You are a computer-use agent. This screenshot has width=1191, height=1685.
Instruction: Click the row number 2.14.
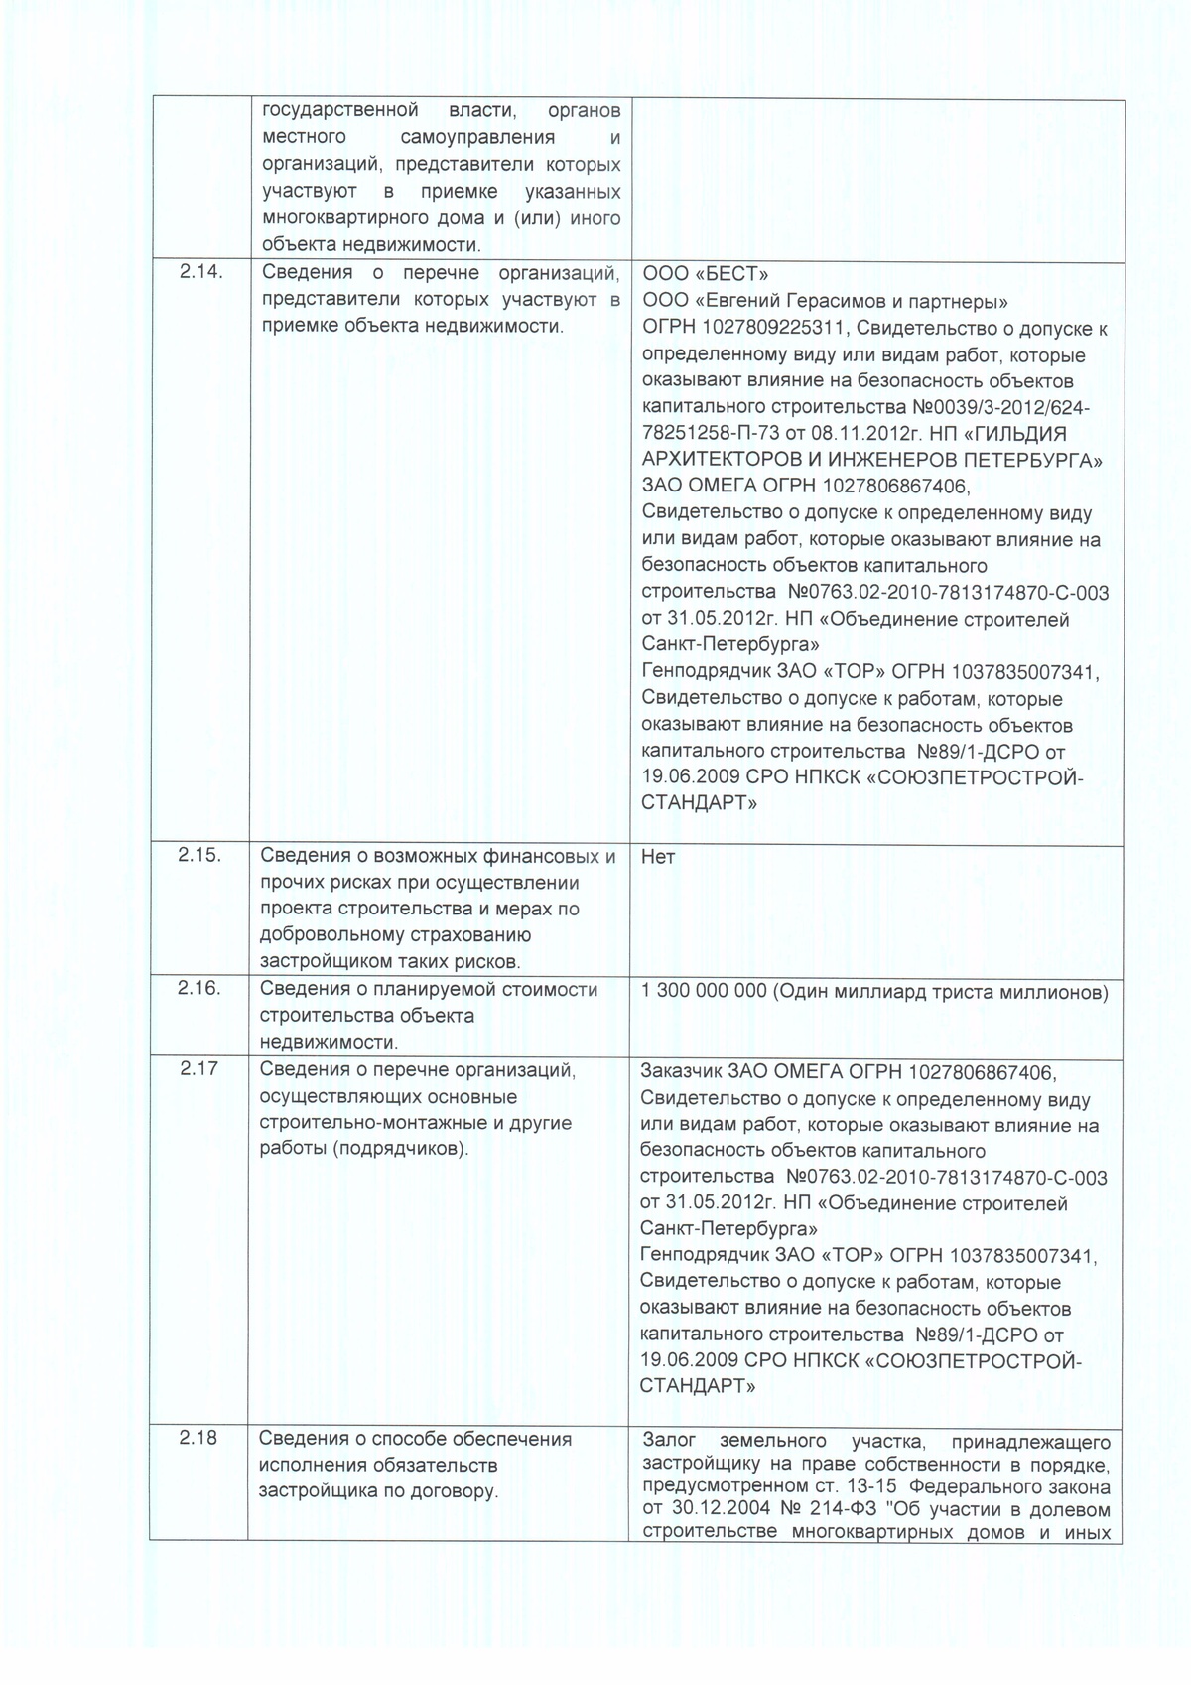point(199,273)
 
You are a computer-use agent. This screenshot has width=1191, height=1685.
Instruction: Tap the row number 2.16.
point(199,988)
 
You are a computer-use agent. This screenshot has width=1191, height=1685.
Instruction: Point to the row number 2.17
point(198,1069)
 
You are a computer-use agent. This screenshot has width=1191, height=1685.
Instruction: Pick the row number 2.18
point(198,1439)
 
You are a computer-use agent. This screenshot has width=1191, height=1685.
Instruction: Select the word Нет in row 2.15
point(658,856)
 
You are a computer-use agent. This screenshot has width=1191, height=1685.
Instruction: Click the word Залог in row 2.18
point(671,1441)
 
